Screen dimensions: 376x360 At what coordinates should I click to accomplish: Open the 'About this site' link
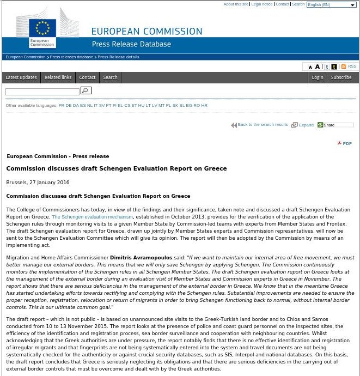click(236, 4)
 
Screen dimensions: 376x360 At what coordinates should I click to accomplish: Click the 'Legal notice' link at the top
click(261, 4)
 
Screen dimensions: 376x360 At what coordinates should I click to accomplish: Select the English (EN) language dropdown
click(331, 5)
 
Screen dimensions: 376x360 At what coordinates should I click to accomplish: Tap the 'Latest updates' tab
click(21, 77)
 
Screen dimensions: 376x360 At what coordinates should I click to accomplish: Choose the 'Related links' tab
click(58, 77)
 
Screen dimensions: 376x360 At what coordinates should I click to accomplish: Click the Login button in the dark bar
click(317, 77)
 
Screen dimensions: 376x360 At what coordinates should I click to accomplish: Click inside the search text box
click(42, 92)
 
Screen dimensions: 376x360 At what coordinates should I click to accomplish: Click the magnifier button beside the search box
click(86, 90)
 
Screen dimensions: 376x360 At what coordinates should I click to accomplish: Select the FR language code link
click(61, 105)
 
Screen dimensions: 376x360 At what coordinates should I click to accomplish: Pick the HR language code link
click(204, 105)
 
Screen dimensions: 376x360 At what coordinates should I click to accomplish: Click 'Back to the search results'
click(262, 125)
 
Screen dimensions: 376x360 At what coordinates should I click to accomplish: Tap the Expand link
click(306, 125)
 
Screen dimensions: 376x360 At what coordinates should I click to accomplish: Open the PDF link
click(346, 143)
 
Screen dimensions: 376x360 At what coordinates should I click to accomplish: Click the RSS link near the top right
click(351, 66)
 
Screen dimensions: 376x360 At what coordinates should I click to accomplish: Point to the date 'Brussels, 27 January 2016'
click(38, 183)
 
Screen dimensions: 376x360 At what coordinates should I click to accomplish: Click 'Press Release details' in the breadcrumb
click(118, 57)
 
